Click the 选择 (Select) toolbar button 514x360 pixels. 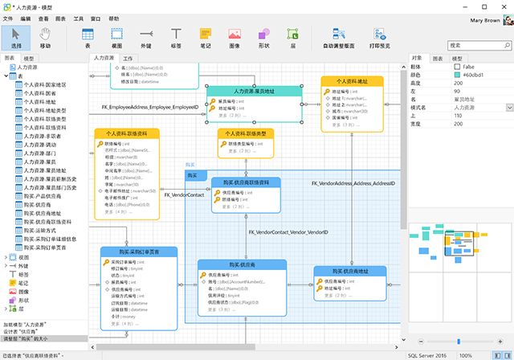point(16,37)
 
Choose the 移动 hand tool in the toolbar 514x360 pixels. point(45,37)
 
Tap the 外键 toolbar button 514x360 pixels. point(145,37)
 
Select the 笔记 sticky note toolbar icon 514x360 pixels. point(206,37)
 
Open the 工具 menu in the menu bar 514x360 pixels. point(78,17)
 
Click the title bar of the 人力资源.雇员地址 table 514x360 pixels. point(256,92)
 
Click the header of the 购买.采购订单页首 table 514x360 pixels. point(138,252)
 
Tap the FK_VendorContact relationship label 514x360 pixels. point(184,194)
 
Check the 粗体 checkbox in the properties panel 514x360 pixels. point(457,67)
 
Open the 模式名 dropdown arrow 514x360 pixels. point(509,107)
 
